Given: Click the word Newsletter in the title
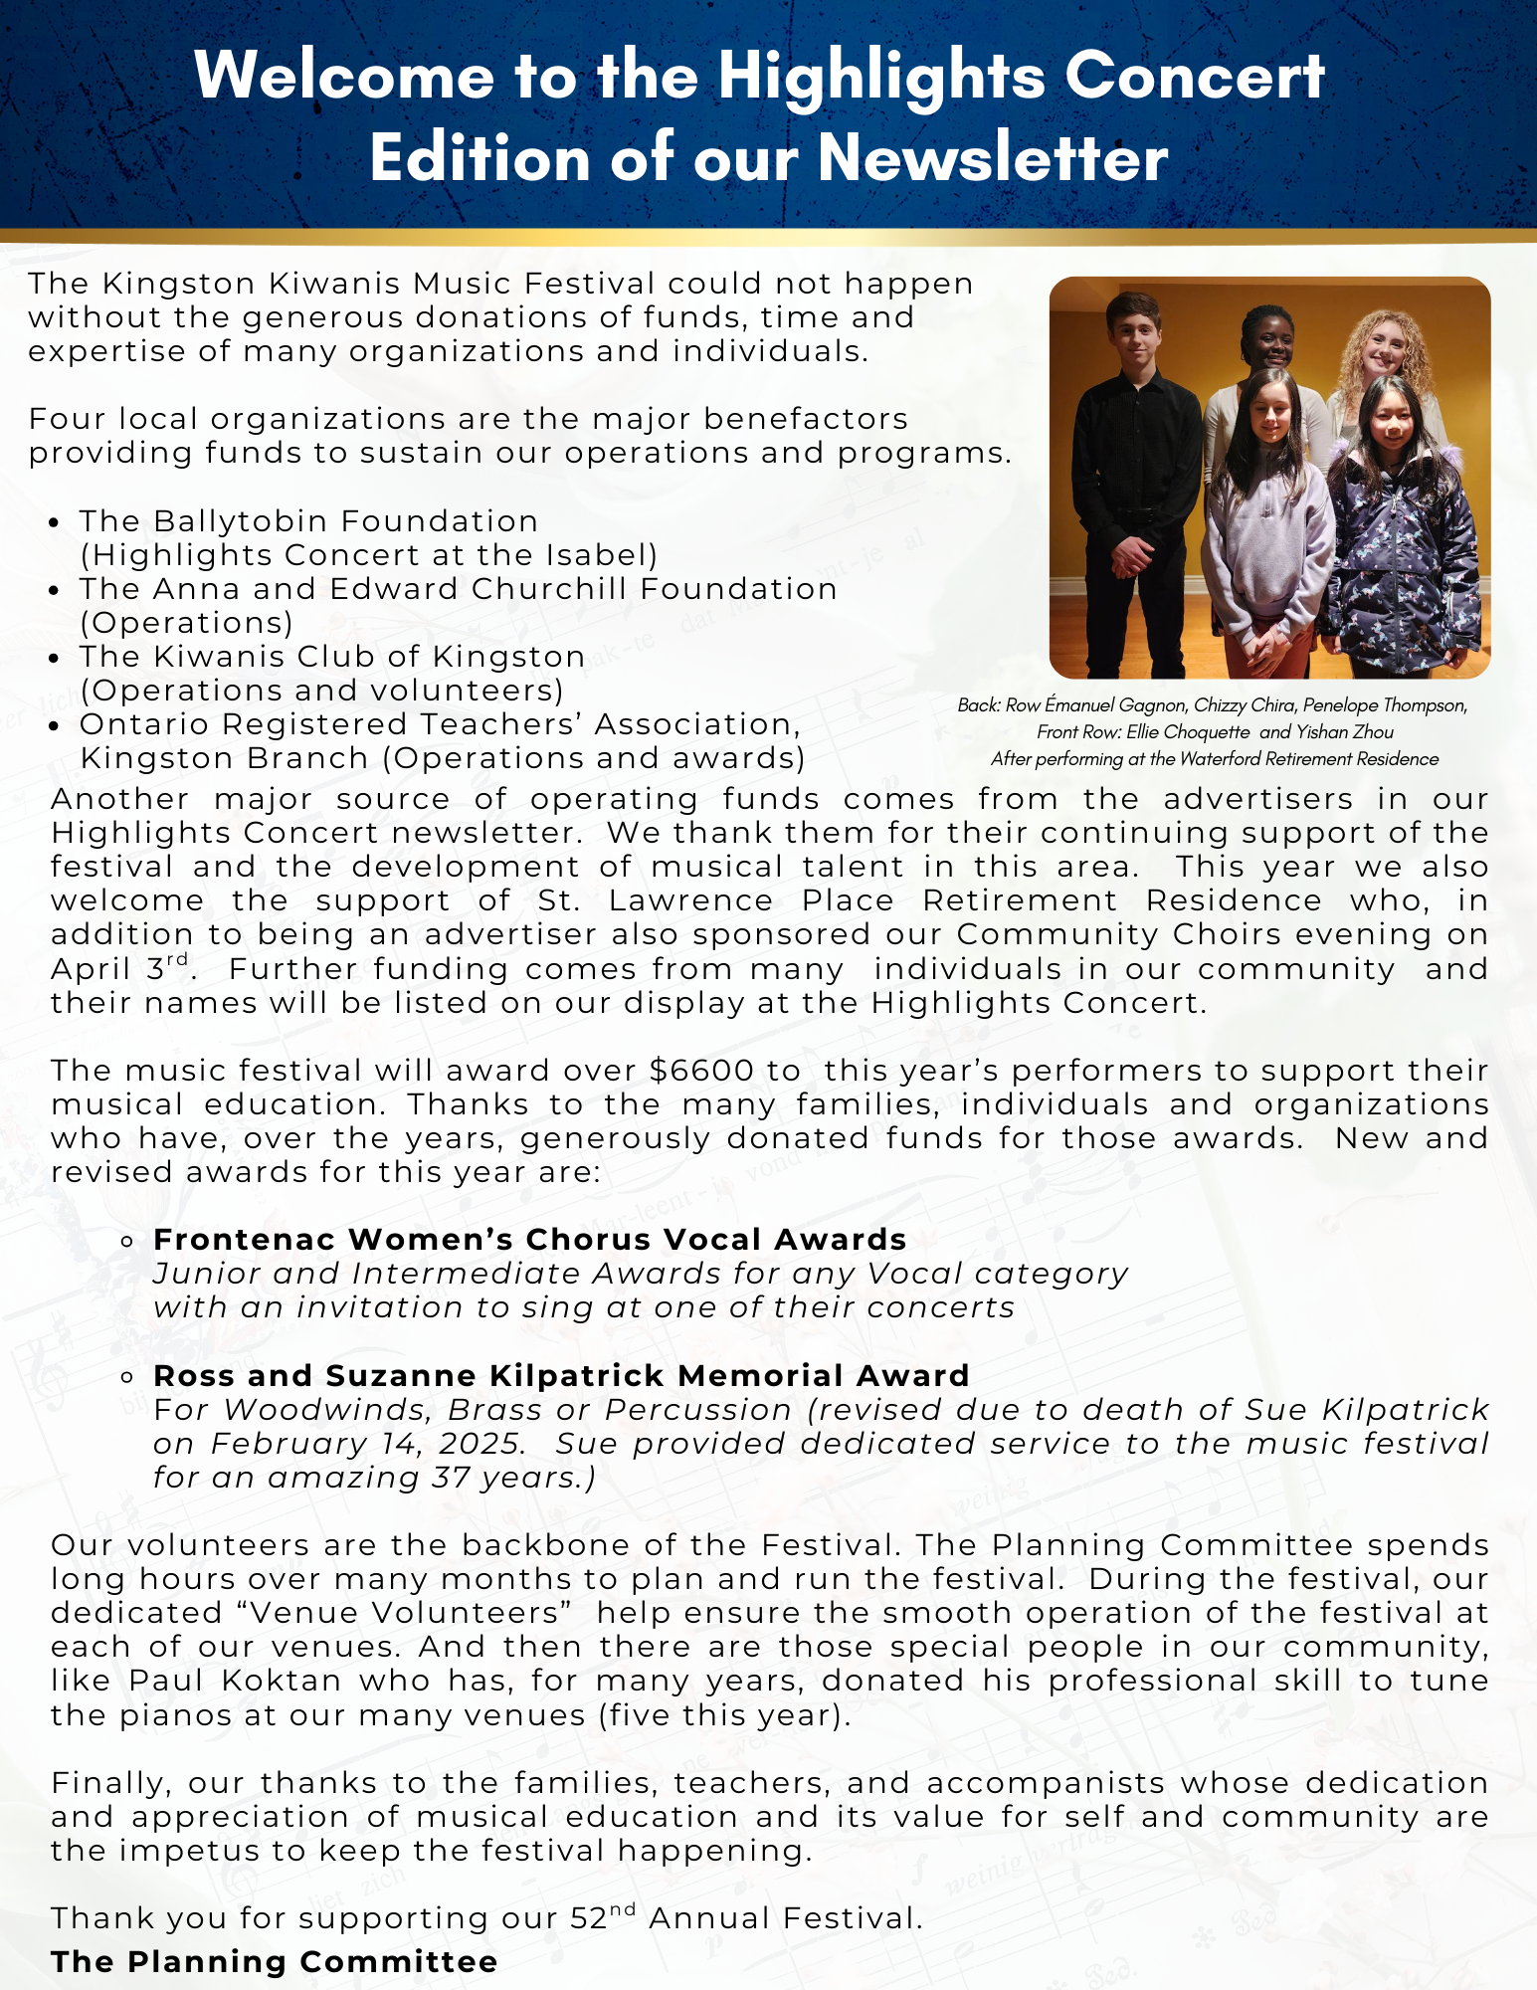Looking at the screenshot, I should [993, 159].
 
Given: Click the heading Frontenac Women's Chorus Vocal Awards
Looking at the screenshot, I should [529, 1240].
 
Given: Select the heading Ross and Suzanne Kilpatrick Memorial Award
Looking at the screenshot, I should [561, 1376].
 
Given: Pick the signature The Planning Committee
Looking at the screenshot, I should [274, 1961].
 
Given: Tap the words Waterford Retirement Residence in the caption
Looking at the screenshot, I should [1308, 759].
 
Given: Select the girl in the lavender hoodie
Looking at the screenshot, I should [1265, 527].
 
